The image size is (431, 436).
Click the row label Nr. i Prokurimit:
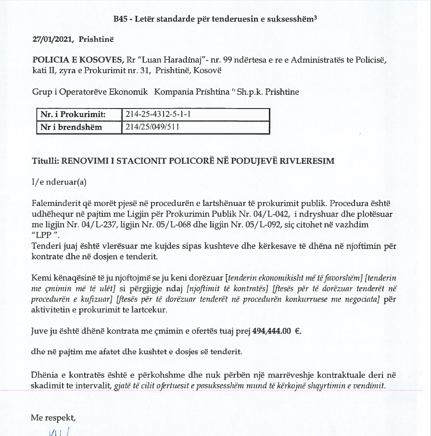pos(73,114)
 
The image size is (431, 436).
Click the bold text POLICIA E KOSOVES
pos(77,61)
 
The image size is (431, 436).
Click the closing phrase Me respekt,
pos(53,418)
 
